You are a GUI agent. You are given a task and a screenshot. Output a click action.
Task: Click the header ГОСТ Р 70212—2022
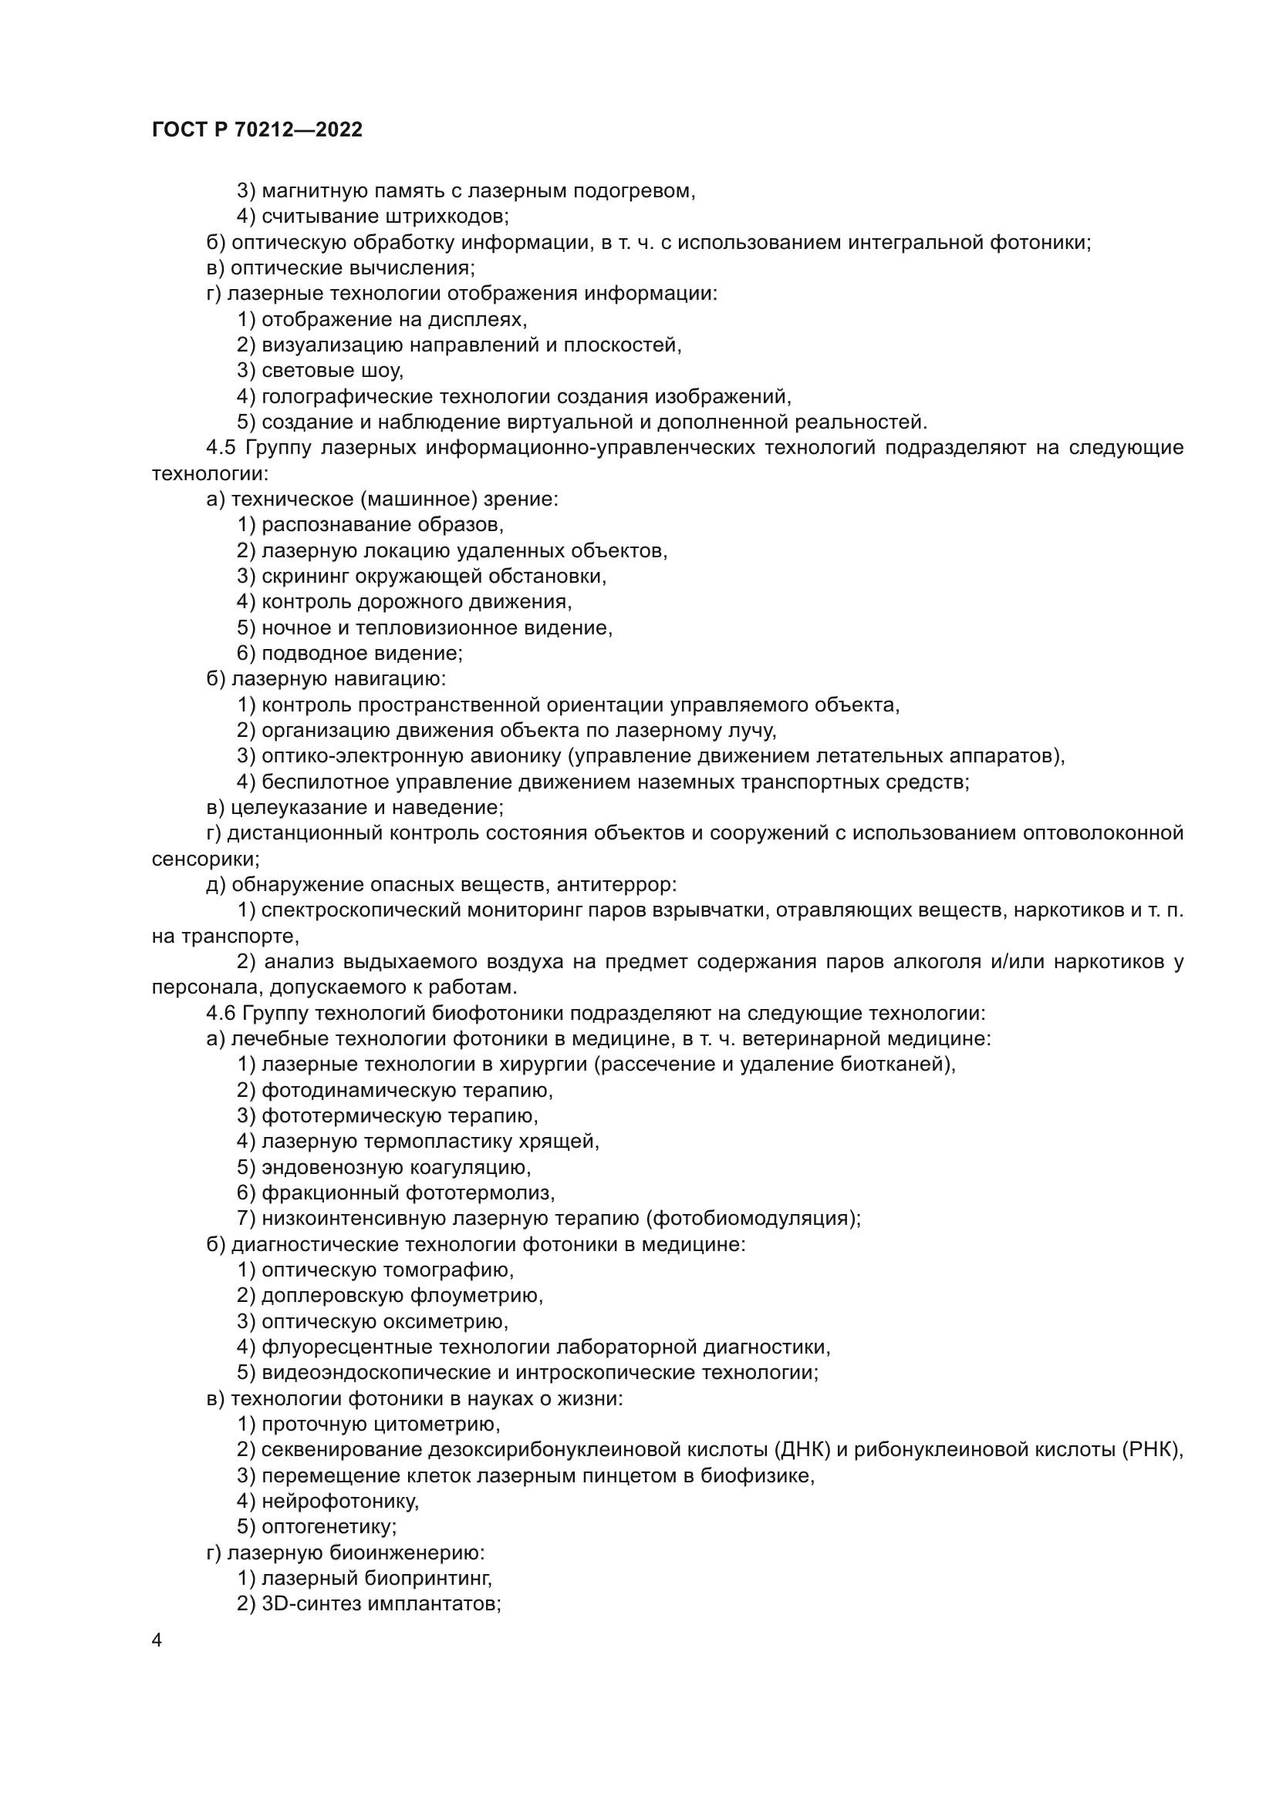[257, 130]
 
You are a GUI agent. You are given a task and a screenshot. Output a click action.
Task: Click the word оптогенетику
[329, 1527]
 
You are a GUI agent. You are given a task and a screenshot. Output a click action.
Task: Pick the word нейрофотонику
[339, 1502]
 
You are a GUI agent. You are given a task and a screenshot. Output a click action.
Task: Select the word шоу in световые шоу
[384, 371]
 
